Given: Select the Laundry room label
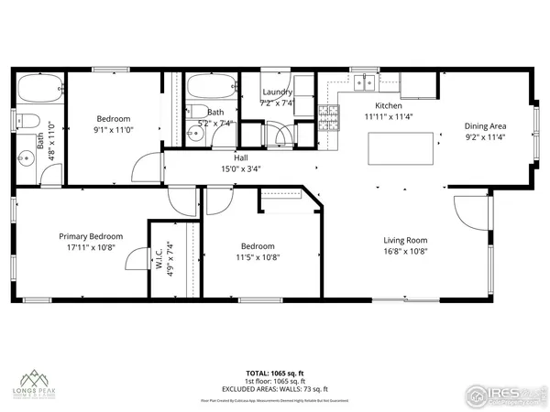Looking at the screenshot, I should pos(277,92).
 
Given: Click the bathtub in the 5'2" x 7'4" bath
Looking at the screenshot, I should pos(209,92).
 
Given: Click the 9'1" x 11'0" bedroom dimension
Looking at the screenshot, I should pos(115,130).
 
